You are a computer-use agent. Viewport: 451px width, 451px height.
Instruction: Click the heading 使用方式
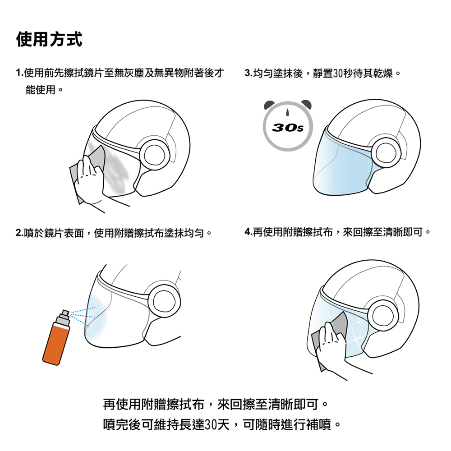click(49, 39)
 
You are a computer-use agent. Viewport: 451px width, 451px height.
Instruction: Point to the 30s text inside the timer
click(288, 127)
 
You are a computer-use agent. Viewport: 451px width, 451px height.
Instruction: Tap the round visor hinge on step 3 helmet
click(386, 152)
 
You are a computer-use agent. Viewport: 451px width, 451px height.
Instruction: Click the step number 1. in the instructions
click(19, 73)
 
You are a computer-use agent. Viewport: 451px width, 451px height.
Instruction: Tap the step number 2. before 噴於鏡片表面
click(19, 233)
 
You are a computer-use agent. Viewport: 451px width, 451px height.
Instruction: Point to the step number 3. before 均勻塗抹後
click(249, 73)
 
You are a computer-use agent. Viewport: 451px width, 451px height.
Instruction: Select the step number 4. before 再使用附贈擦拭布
click(249, 231)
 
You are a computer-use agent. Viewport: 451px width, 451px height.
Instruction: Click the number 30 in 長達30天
click(211, 424)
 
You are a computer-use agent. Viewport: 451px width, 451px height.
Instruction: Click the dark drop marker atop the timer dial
click(287, 112)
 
